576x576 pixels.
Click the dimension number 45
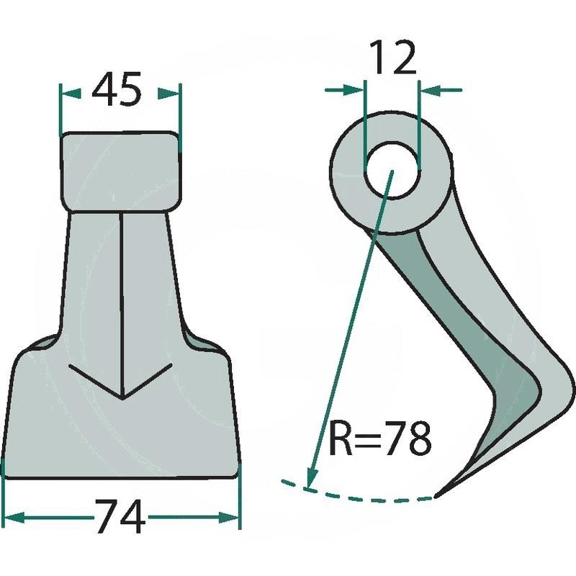coord(117,89)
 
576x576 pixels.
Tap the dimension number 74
coord(120,516)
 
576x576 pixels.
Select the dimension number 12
coord(393,57)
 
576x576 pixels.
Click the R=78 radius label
coord(379,438)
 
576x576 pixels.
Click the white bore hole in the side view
coord(392,171)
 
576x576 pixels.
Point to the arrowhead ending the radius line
coord(311,477)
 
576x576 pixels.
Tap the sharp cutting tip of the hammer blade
coord(436,498)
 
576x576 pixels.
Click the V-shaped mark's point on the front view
coord(122,398)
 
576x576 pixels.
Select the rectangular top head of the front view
coord(121,171)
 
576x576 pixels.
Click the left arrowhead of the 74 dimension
coord(14,518)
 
